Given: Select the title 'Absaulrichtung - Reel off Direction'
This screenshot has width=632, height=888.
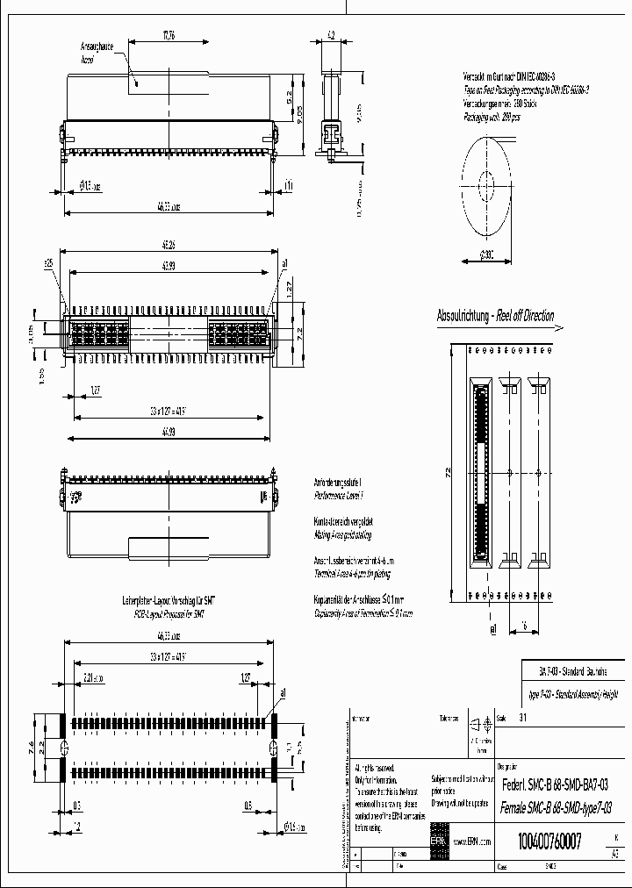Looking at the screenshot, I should (495, 316).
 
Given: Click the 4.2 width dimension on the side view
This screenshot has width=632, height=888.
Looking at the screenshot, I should (332, 35).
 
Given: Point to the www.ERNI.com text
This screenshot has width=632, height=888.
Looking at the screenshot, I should (472, 841).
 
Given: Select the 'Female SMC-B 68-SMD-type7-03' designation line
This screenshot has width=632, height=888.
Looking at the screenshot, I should (554, 806).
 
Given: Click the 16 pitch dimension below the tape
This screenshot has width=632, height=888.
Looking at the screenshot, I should (524, 627).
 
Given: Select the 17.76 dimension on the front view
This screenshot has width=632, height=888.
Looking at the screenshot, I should (168, 36).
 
